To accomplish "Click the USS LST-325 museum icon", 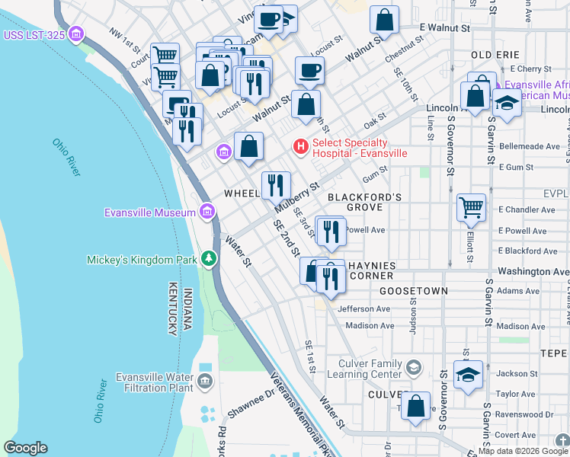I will coord(75,34).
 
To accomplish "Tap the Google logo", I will coord(25,448).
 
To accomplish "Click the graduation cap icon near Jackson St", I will coord(468,375).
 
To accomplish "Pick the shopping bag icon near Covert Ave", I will coord(415,407).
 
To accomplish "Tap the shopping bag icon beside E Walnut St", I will coord(385,21).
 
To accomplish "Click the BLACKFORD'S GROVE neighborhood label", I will coord(364,202).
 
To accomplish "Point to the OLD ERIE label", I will coord(495,55).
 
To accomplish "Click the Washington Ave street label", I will coord(533,271).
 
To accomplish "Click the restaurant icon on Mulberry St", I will coord(275,186).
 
